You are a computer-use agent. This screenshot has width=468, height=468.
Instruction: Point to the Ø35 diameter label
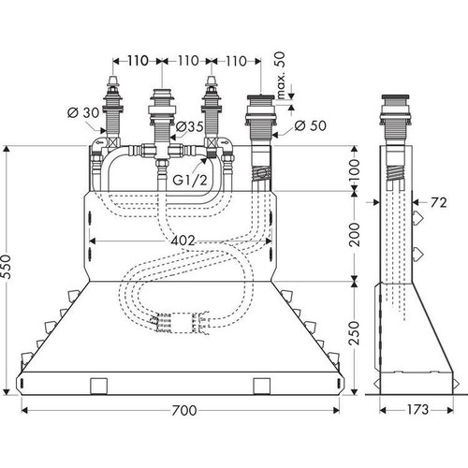191,128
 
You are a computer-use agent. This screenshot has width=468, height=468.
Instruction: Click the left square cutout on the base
96,386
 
